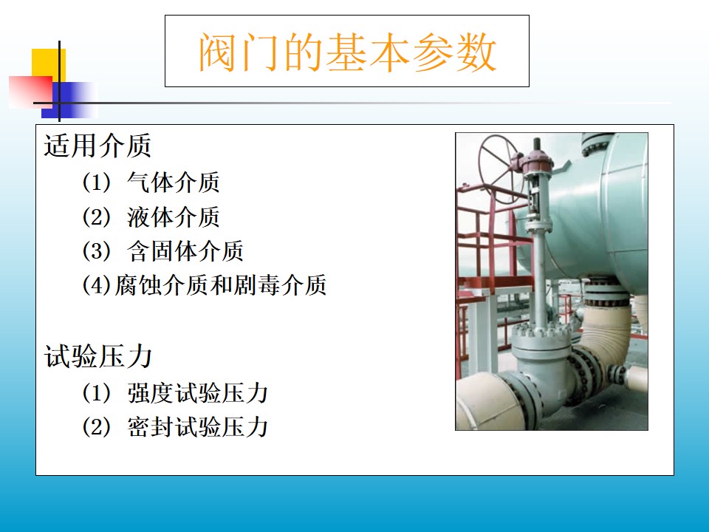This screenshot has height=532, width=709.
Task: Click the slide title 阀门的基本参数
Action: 348,52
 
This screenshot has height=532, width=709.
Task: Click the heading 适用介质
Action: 97,146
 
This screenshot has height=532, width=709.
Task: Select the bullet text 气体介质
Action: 174,183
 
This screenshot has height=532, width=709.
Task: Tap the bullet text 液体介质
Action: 174,217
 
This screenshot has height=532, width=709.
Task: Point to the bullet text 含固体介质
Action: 185,251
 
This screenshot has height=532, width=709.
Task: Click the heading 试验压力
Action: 97,356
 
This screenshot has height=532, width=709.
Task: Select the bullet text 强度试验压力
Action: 198,392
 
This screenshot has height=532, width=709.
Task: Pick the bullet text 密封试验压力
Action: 198,427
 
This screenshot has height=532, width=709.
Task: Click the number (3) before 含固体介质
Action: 96,251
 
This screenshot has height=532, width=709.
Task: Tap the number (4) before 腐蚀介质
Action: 96,285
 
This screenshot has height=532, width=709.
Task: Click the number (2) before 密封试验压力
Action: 96,427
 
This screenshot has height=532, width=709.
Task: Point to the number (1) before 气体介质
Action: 96,183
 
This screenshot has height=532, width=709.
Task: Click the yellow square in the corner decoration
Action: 49,64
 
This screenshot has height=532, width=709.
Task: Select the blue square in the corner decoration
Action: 68,100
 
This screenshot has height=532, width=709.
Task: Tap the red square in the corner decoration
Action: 30,92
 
